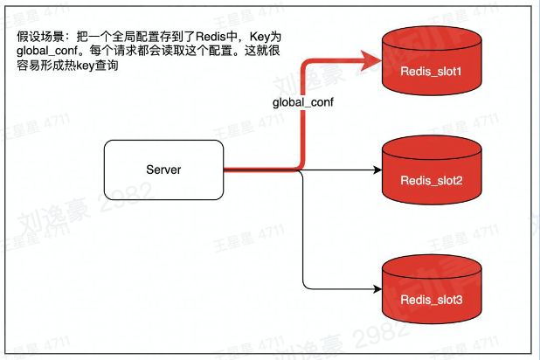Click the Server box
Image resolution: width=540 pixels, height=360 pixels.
pos(163,170)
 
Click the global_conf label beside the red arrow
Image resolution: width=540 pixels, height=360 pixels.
pos(304,103)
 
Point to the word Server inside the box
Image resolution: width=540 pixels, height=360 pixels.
pos(163,170)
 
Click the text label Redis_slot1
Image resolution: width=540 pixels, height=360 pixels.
pos(431,70)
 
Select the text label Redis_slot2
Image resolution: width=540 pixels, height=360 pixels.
pos(431,181)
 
